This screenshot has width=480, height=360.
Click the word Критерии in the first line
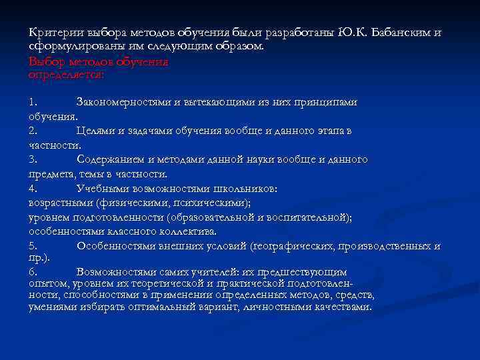coord(50,33)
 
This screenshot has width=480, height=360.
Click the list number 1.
coord(33,103)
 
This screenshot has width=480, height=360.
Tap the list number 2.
coord(33,131)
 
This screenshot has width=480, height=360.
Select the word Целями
coord(94,131)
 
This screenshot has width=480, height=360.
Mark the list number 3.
coord(33,160)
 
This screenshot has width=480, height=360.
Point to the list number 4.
coord(33,189)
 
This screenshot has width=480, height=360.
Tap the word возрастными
coord(61,203)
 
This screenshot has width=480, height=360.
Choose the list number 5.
coord(33,246)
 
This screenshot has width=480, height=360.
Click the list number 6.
coord(33,273)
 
